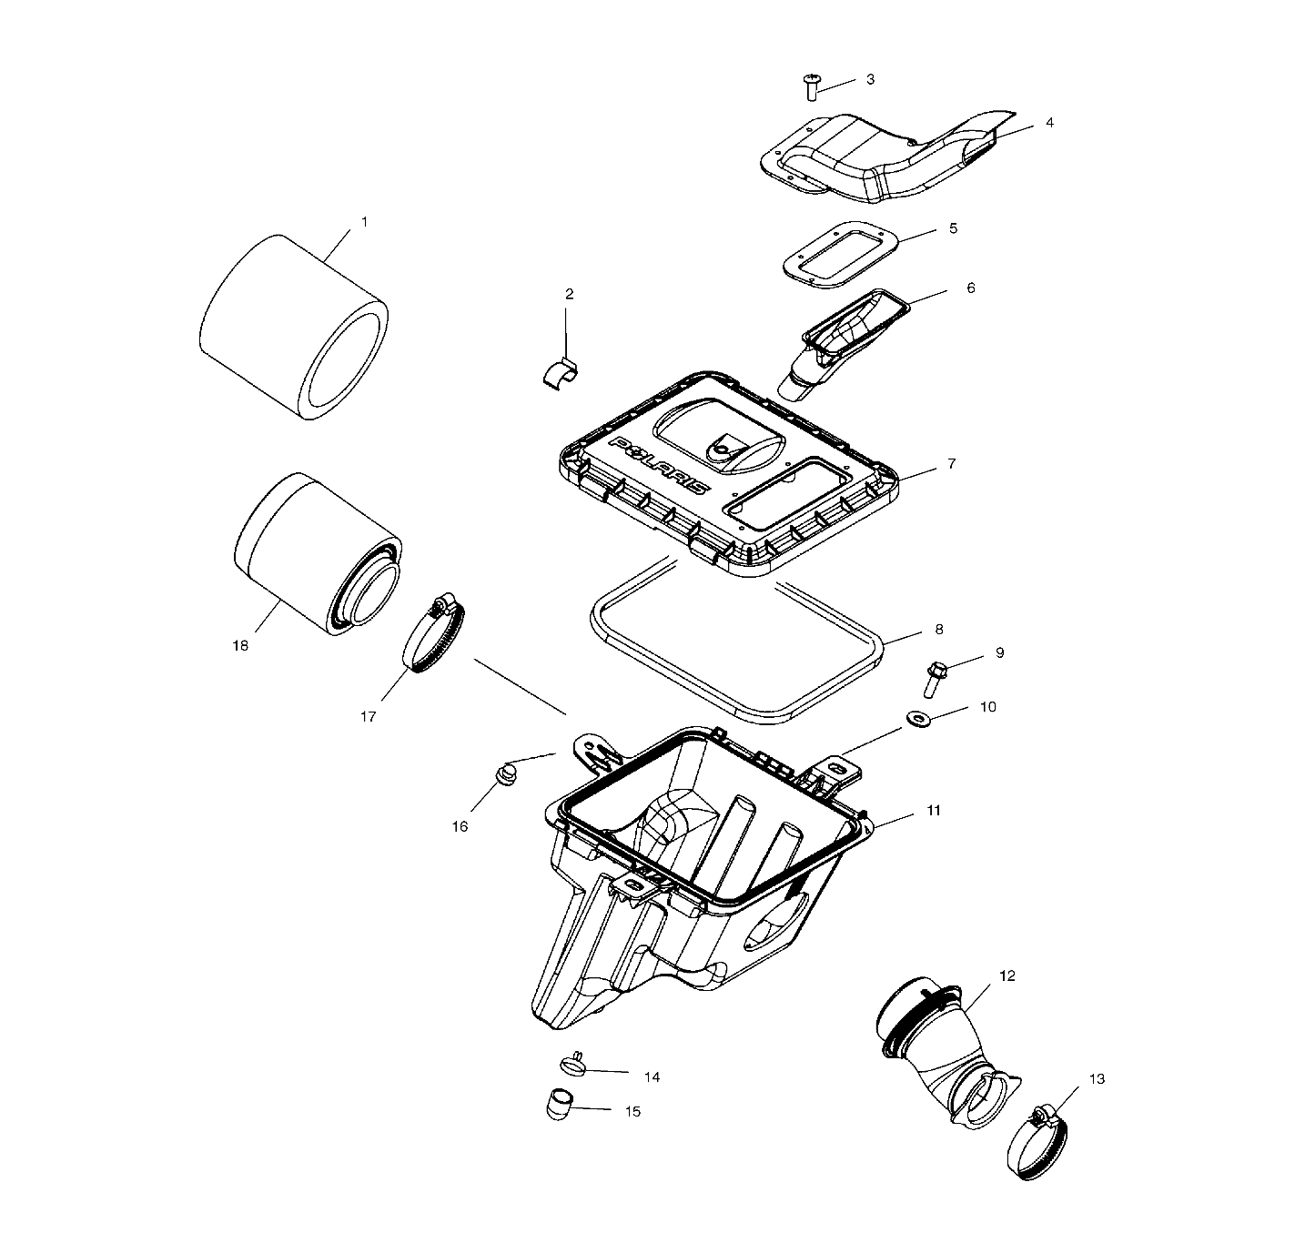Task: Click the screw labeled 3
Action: click(812, 87)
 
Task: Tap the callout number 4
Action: click(1049, 122)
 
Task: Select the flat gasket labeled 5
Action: click(840, 256)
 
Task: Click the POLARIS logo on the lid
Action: click(661, 462)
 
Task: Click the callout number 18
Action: click(240, 646)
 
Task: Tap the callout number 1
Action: click(365, 222)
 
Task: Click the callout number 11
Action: click(934, 810)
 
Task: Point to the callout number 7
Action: click(951, 464)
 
